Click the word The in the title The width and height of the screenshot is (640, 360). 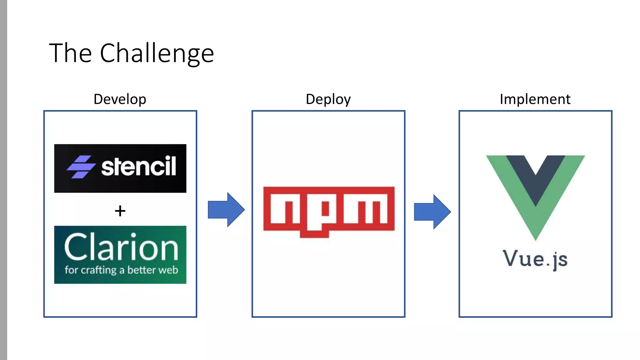70,53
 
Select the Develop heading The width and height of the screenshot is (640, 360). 120,99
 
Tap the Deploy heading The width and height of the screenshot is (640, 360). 328,99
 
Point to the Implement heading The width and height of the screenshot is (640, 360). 535,99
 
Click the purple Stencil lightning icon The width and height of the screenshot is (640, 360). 81,167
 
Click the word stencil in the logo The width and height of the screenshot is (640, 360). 139,166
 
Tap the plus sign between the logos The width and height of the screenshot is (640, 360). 120,211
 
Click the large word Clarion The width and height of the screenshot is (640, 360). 121,247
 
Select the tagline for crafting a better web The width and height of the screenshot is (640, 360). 121,270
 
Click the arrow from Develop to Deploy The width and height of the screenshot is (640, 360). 226,210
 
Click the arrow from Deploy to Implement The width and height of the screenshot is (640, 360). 432,212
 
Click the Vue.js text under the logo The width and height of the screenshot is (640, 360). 535,259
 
